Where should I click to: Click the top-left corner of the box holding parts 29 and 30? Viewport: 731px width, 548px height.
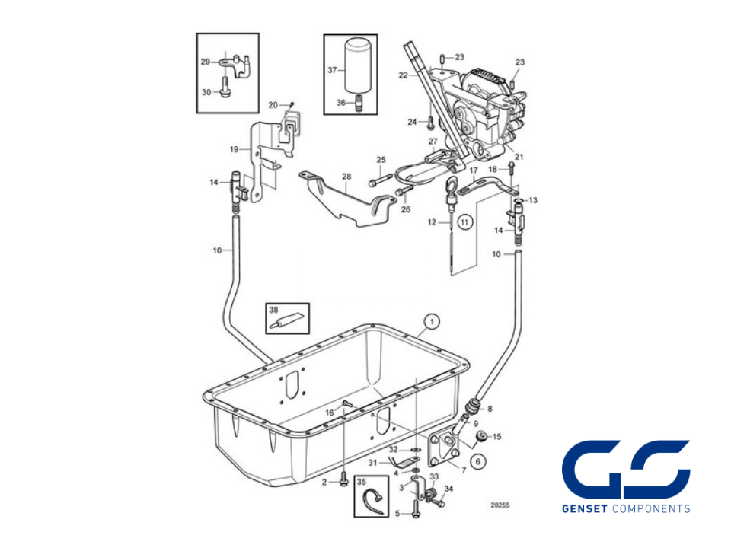point(196,33)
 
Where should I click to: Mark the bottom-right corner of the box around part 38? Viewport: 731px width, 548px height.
point(309,333)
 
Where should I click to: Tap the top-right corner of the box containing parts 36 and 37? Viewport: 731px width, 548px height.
point(377,34)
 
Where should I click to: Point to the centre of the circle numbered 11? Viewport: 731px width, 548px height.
point(464,222)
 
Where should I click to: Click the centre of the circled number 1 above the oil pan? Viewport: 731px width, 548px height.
point(433,321)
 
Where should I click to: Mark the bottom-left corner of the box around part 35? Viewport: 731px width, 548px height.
point(355,517)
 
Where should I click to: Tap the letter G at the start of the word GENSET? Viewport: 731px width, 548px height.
point(566,509)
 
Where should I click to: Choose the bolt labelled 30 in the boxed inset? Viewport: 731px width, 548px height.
point(225,88)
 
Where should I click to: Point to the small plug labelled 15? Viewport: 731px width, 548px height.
point(481,435)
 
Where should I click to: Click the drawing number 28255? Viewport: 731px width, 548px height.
point(500,505)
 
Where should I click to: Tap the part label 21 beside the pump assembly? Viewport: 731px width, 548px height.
point(519,157)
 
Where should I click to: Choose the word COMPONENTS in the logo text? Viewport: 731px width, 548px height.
point(651,509)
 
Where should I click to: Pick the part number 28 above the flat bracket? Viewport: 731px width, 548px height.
point(346,177)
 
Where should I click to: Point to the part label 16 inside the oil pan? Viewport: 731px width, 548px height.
point(330,413)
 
